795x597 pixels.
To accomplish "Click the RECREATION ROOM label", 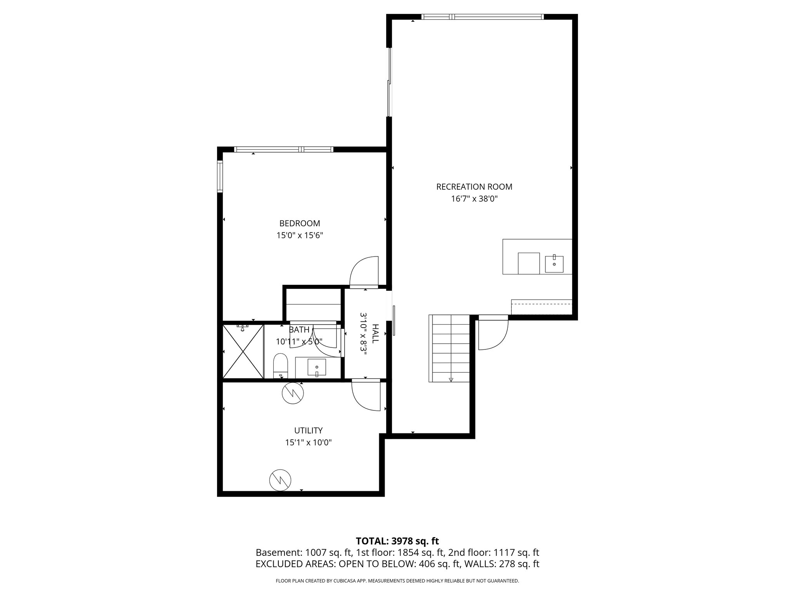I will (474, 187).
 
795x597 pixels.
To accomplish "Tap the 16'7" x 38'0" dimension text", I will (474, 199).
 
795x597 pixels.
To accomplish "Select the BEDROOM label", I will (300, 223).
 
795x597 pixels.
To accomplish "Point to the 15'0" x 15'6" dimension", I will (300, 235).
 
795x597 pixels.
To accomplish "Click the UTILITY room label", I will (308, 430).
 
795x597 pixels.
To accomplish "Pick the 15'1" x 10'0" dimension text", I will (308, 442).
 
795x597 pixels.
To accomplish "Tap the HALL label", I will (375, 333).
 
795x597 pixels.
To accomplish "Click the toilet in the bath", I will (280, 365).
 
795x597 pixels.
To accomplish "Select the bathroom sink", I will (317, 367).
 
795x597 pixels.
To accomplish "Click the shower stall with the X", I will (243, 351).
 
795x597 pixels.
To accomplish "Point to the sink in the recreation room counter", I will (554, 264).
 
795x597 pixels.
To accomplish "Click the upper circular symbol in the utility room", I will (292, 393).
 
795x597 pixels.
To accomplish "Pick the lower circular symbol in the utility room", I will (280, 480).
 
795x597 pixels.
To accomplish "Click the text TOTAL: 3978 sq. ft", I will (397, 541).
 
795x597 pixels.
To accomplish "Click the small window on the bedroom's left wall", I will (220, 176).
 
